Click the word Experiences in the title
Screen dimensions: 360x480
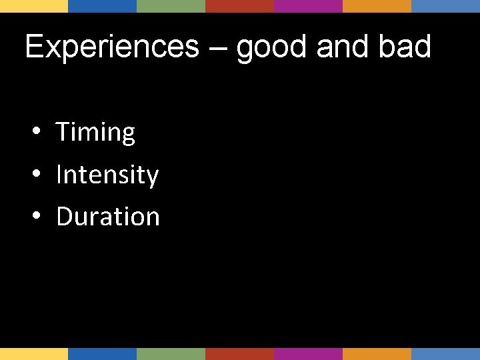(x=111, y=47)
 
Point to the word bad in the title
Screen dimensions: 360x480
(x=406, y=47)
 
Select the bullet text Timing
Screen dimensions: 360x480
(x=95, y=133)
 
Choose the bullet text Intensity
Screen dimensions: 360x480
(x=107, y=175)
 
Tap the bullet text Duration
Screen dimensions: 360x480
(x=108, y=217)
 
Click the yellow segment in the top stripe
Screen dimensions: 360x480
(x=34, y=6)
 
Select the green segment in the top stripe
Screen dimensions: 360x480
(x=171, y=6)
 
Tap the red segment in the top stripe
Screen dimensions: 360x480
(x=239, y=6)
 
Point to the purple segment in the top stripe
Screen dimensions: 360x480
(x=308, y=6)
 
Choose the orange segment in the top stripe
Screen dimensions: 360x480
(x=377, y=6)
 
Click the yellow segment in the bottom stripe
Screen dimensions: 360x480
(x=34, y=353)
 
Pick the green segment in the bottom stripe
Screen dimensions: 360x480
(x=171, y=353)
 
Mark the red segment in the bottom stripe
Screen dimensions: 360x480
(x=239, y=353)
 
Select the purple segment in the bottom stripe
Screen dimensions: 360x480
(x=308, y=353)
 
